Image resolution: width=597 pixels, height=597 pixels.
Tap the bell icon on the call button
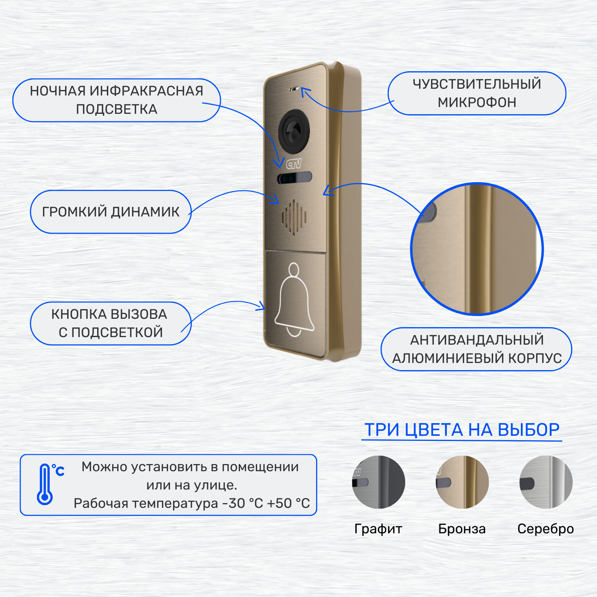point(294,300)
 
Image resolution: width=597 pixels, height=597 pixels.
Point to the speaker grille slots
point(294,217)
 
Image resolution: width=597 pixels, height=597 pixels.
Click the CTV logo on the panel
point(294,164)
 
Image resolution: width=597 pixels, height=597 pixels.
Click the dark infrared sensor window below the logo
point(295,178)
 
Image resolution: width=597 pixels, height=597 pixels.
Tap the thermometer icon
point(45,484)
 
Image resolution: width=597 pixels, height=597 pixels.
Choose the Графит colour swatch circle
point(378,482)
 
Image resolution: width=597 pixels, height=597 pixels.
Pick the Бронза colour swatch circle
point(462,482)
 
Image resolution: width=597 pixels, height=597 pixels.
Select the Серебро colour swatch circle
point(546,482)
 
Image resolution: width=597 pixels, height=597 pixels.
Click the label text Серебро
point(545,529)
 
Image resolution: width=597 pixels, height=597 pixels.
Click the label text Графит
point(378,529)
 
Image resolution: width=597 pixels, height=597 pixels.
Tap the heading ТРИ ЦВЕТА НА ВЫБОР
point(462,430)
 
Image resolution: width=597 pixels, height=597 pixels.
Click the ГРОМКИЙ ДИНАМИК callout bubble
point(111,212)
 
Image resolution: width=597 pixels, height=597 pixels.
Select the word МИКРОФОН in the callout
point(477,103)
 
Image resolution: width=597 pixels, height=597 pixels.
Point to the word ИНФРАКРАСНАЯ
point(146,91)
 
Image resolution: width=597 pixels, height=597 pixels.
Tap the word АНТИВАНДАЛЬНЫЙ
point(477,340)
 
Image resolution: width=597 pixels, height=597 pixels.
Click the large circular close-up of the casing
point(477,249)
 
